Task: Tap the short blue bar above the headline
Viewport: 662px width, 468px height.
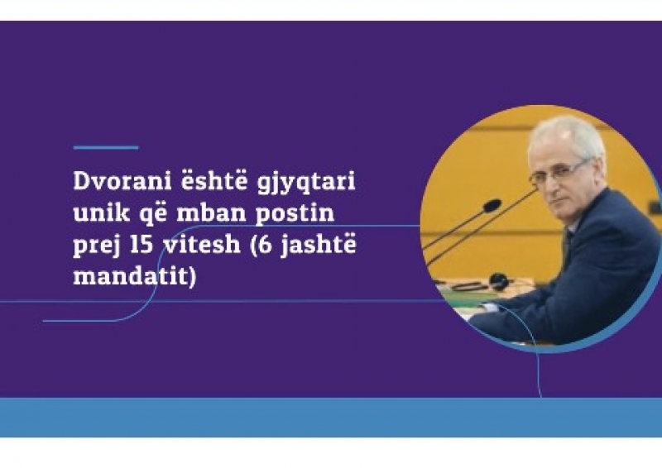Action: coord(106,148)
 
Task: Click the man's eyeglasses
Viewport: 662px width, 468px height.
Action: coord(557,172)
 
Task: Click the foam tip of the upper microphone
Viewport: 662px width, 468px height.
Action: coord(492,206)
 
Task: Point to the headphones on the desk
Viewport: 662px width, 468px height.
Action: coord(498,280)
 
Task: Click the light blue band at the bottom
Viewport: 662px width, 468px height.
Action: coord(331,418)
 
